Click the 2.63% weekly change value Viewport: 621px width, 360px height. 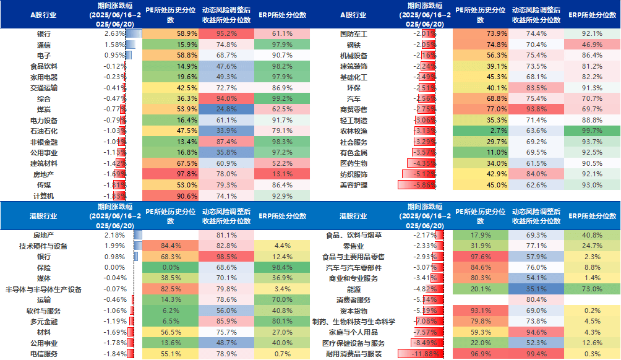(114, 33)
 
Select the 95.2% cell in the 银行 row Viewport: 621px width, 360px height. (227, 33)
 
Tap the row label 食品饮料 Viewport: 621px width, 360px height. (44, 66)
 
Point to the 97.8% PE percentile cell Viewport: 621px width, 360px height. (170, 174)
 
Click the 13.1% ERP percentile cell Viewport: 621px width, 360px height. (282, 174)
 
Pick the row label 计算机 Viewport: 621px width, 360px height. (44, 196)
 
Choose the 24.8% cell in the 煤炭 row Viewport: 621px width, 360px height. (227, 109)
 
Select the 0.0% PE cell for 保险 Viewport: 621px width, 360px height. (170, 267)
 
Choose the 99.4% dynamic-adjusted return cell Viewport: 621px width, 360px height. (536, 354)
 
